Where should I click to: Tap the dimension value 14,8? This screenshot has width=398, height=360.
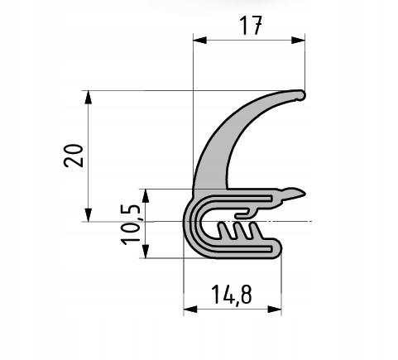(x=231, y=295)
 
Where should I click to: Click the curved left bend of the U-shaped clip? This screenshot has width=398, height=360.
(x=188, y=225)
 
